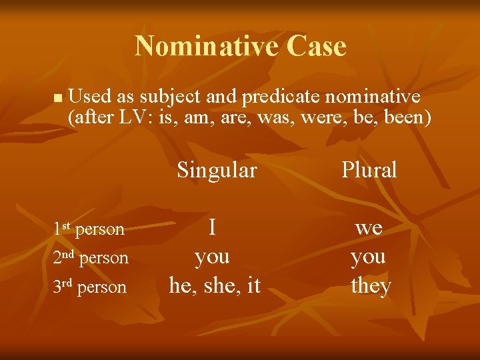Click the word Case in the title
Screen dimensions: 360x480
click(x=317, y=46)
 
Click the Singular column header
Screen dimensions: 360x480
click(x=217, y=170)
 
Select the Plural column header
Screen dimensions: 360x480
click(x=369, y=170)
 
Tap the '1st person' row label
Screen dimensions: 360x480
click(x=89, y=229)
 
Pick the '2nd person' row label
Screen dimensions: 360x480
click(x=91, y=258)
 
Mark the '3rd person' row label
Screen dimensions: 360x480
click(x=89, y=287)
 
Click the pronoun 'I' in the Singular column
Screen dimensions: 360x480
click(x=212, y=228)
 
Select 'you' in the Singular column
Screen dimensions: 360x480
click(x=212, y=257)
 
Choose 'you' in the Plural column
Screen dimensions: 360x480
click(x=369, y=257)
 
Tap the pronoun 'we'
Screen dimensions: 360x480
click(x=369, y=228)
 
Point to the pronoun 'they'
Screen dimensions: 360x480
click(x=371, y=286)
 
